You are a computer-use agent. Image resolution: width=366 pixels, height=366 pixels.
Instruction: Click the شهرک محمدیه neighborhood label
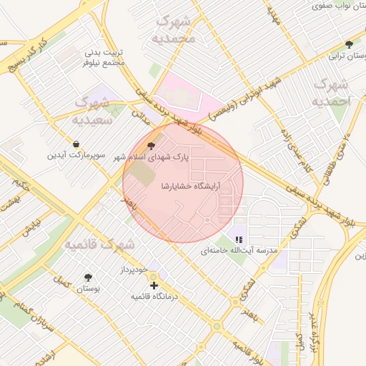click(174, 29)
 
